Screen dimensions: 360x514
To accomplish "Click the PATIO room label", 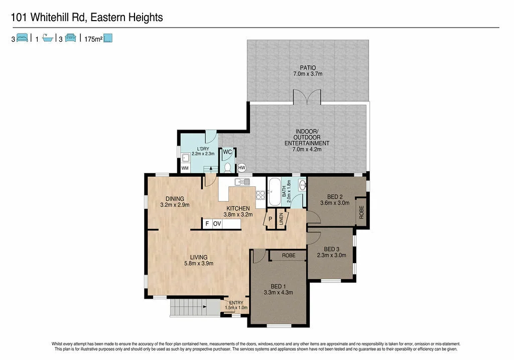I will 307,67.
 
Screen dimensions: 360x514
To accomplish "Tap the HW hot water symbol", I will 241,168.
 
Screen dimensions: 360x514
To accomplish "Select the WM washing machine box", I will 185,168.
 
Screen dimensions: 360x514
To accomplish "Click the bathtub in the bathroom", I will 274,192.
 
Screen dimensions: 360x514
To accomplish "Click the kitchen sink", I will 241,182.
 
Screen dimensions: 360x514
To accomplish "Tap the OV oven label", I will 217,224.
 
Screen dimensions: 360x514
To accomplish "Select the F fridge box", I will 206,224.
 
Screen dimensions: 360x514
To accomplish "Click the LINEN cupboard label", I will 282,218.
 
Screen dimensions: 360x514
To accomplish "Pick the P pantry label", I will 270,219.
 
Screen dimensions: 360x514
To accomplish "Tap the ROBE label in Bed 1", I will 288,256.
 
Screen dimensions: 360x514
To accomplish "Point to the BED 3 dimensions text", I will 332,255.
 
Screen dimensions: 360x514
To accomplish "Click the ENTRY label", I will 236,303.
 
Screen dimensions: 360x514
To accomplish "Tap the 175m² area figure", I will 93,38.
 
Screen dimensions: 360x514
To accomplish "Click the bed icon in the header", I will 22,38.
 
